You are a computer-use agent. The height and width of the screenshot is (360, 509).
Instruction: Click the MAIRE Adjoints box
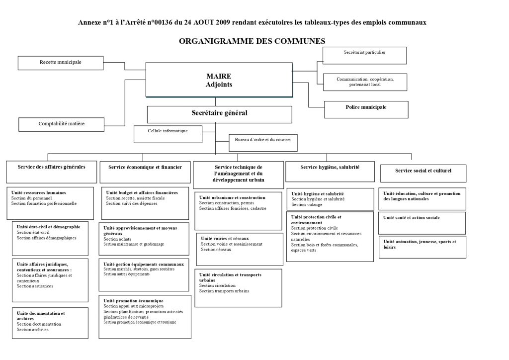(219, 80)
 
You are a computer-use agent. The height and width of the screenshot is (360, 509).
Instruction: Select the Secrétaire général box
(219, 114)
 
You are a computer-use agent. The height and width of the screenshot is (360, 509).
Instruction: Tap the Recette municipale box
(60, 63)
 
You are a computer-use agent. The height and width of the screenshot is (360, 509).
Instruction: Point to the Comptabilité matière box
(62, 124)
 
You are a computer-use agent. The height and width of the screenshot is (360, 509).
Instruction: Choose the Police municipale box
(366, 108)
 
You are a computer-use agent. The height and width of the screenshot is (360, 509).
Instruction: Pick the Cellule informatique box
(168, 133)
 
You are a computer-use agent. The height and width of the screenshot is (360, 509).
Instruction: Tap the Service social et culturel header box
(423, 172)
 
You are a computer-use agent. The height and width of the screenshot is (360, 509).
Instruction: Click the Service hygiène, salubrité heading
(330, 168)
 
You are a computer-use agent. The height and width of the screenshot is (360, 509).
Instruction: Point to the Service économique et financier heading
(145, 168)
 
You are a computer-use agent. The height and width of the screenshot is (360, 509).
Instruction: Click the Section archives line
(33, 329)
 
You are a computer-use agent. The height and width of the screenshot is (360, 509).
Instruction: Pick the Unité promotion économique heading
(133, 300)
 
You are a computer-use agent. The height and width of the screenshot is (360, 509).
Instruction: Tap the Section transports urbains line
(224, 291)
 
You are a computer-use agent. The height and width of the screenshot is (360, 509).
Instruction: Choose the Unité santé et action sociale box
(412, 218)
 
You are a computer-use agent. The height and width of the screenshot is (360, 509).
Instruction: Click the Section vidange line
(307, 204)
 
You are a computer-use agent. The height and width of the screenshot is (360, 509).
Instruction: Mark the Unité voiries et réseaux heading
(224, 239)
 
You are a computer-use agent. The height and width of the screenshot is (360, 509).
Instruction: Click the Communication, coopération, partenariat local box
(364, 82)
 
